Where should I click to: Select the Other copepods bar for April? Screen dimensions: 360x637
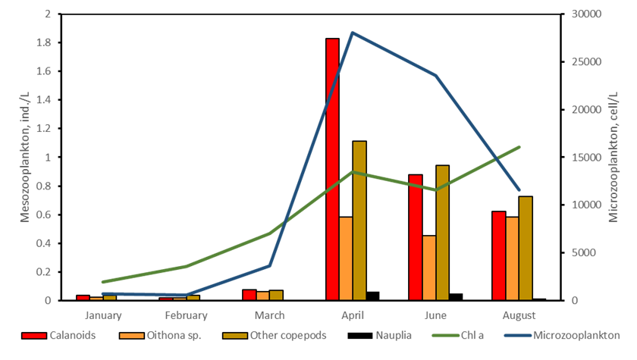[x=359, y=221]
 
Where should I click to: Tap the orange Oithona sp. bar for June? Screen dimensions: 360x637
[x=429, y=268]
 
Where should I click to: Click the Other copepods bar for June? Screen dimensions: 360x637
[x=442, y=233]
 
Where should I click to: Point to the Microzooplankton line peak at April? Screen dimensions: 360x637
[x=353, y=32]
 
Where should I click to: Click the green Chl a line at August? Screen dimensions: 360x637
[x=519, y=146]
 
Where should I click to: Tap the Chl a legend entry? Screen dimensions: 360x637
[x=469, y=335]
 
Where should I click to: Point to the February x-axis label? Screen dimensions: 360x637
[x=186, y=315]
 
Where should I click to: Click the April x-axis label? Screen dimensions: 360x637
[x=353, y=315]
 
